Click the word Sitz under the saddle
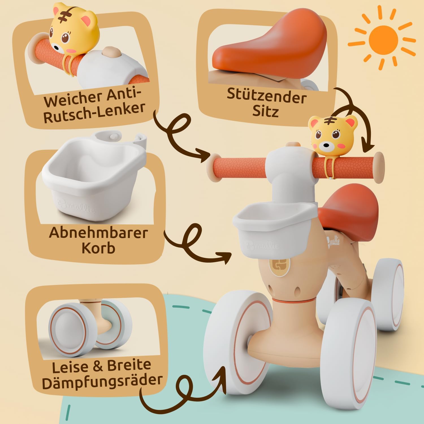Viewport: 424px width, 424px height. click(265, 111)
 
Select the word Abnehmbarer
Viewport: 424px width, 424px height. click(98, 233)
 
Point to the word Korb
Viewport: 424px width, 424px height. click(98, 248)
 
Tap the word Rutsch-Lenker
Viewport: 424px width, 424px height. click(94, 113)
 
